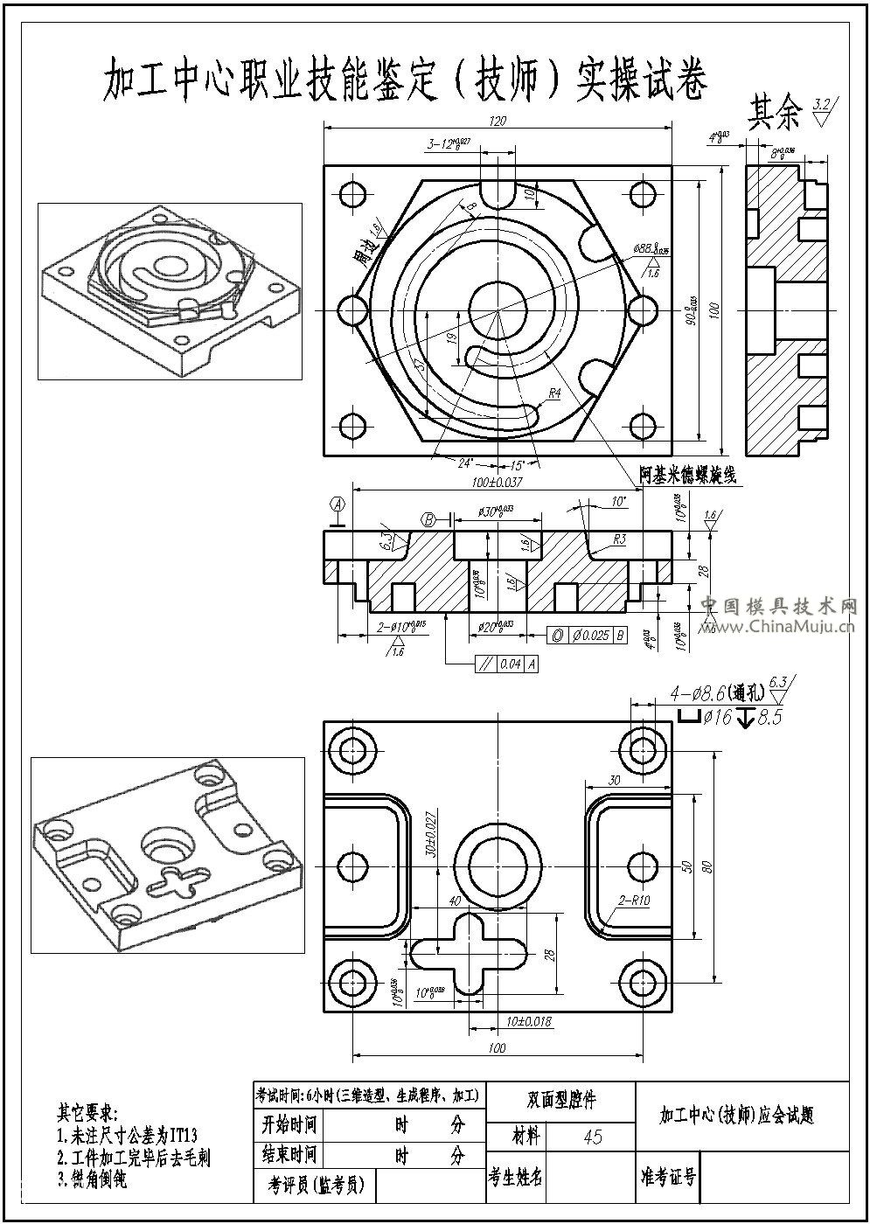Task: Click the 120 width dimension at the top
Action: coord(498,121)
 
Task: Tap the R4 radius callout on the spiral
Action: coord(553,394)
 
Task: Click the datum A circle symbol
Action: coord(338,504)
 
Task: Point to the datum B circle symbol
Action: coord(428,519)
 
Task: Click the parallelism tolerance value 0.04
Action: coord(510,664)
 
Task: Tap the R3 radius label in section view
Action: coord(618,539)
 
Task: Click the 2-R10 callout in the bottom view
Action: coord(634,900)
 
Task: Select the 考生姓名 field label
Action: coord(516,1177)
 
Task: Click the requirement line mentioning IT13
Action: coord(128,1136)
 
